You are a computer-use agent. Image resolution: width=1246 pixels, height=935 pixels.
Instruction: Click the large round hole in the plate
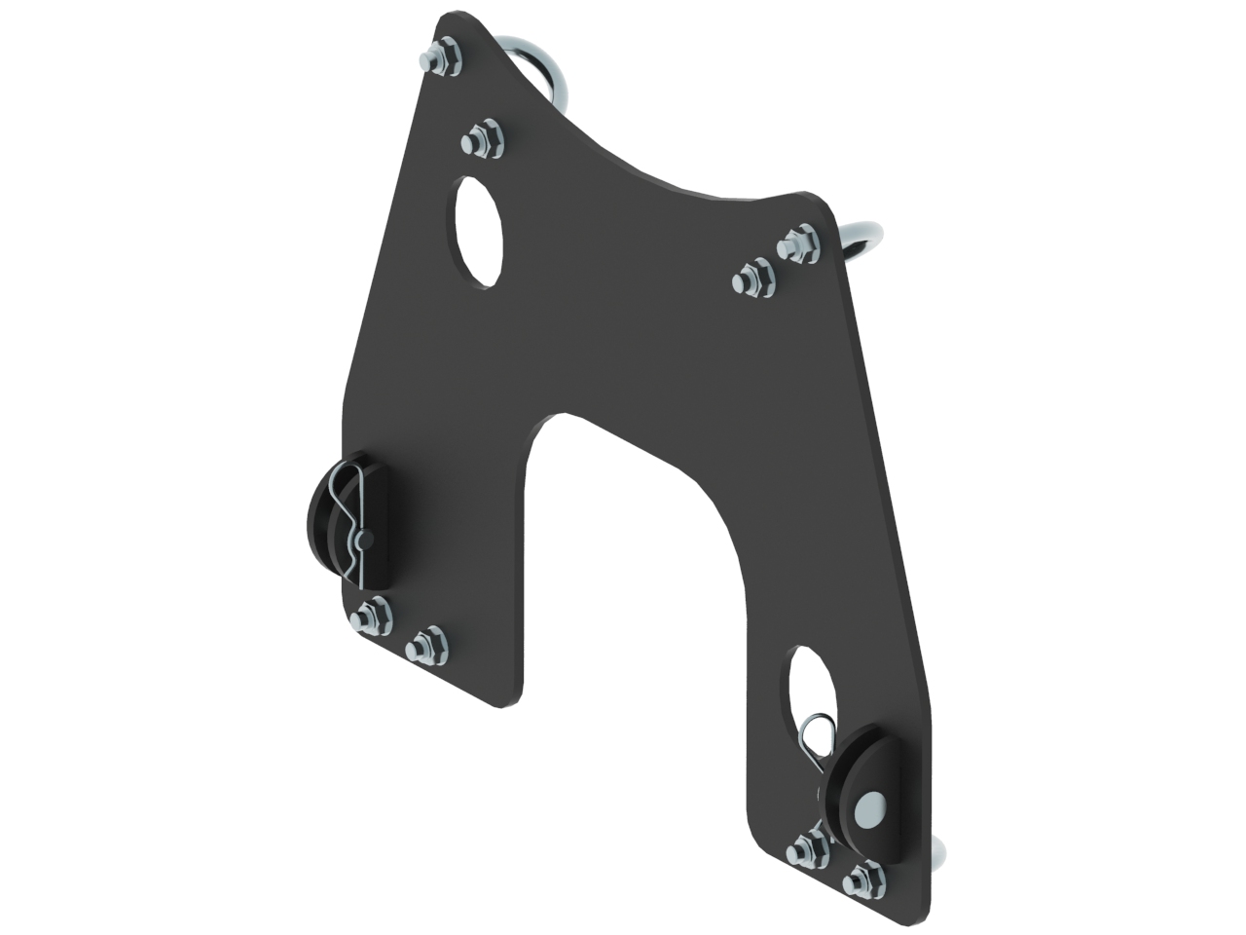coord(480,232)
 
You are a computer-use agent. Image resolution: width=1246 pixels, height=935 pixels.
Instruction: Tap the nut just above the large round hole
coord(482,140)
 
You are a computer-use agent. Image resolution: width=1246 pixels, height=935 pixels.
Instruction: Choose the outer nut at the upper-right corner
coord(800,241)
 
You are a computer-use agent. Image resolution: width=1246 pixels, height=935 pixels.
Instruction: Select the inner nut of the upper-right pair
coord(753,279)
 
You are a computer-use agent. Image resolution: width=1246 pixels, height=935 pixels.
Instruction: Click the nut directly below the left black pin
coord(371,615)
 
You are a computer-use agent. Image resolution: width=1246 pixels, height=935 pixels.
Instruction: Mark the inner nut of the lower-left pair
coord(425,644)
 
